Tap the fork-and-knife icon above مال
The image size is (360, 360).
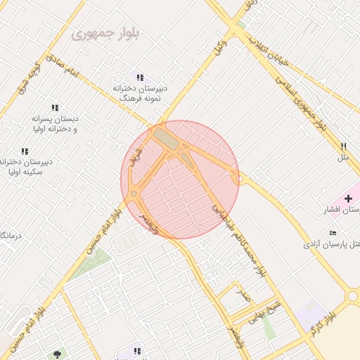[x=344, y=146]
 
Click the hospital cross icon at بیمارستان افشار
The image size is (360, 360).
[x=349, y=199]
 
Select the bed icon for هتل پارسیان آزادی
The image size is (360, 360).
[x=333, y=233]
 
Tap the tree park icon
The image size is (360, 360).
[x=57, y=354]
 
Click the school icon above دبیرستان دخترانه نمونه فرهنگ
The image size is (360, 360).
[x=140, y=77]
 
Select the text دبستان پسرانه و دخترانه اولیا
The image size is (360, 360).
[x=54, y=124]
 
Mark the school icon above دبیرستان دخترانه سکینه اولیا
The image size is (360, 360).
[x=25, y=151]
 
